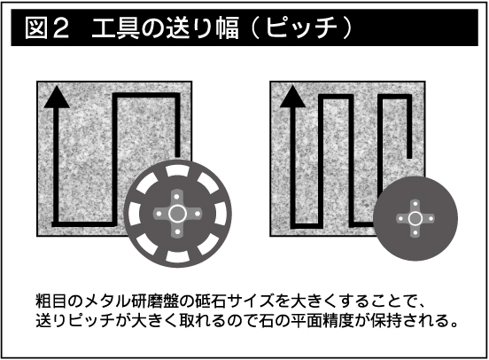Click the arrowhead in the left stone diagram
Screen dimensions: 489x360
[x=57, y=98]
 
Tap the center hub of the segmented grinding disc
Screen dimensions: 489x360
[x=177, y=214]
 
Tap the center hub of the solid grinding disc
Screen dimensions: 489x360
[x=415, y=218]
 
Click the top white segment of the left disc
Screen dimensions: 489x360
[x=177, y=170]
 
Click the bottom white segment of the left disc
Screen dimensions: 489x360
[x=177, y=256]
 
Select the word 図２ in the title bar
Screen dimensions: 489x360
[x=47, y=27]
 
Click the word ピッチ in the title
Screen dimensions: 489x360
[x=301, y=27]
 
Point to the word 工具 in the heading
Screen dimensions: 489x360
[x=115, y=27]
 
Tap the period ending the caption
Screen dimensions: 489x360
[x=454, y=325]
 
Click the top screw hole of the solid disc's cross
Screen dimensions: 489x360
[x=415, y=205]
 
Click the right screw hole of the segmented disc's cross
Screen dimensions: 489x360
[x=198, y=214]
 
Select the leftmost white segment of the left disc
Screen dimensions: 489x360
[x=135, y=214]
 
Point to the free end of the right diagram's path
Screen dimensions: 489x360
[x=409, y=158]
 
